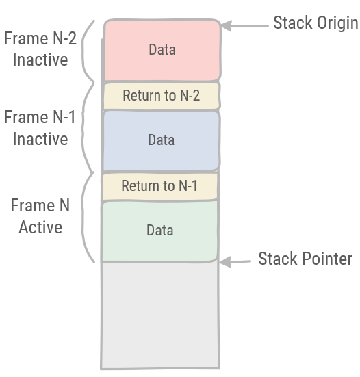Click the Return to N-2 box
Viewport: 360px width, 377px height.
[x=162, y=96]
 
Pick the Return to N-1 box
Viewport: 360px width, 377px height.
[x=160, y=186]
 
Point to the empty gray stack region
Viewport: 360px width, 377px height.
[x=160, y=315]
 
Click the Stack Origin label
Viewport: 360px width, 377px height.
[x=315, y=23]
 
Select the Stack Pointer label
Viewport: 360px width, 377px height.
[x=305, y=259]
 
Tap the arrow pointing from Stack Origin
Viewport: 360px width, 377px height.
[x=245, y=26]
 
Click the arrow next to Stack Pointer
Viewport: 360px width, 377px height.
[x=237, y=261]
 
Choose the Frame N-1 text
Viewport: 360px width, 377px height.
[x=40, y=118]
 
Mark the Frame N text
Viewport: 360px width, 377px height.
[x=40, y=206]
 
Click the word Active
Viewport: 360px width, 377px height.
[x=40, y=227]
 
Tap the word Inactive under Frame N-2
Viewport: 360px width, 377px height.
[x=40, y=60]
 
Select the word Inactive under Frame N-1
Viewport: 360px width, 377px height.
[x=40, y=139]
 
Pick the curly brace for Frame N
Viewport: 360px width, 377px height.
[x=87, y=217]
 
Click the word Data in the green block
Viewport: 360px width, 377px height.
[x=160, y=231]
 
